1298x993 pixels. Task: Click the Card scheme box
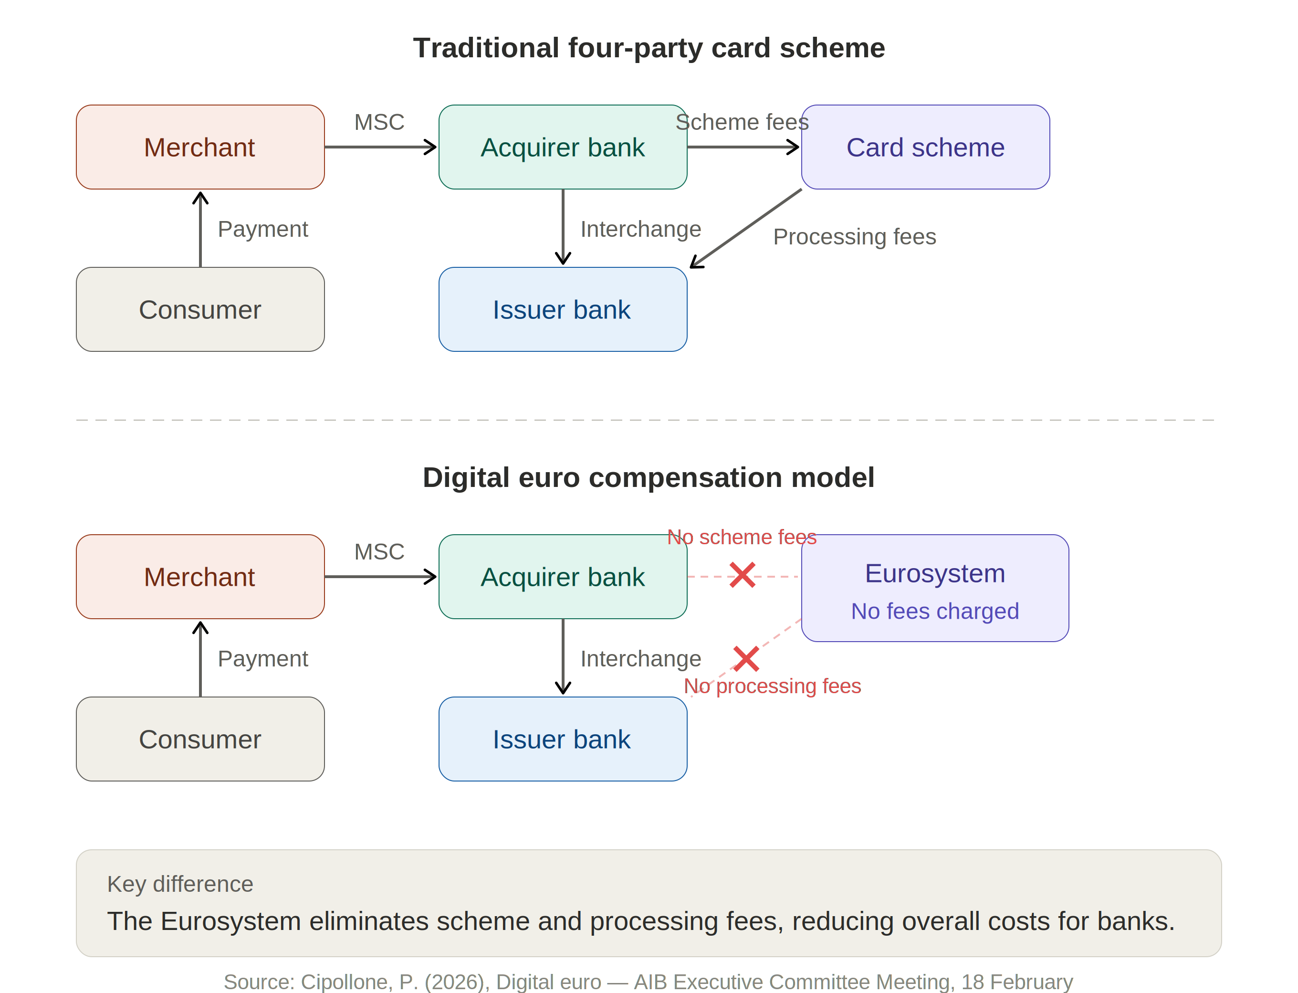(x=925, y=147)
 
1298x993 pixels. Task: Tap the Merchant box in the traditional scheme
(x=199, y=147)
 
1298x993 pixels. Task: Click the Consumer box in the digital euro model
(x=199, y=739)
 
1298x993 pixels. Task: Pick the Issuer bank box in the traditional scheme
(x=563, y=309)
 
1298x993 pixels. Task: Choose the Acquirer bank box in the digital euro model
(x=563, y=577)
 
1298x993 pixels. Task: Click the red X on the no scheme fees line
(x=742, y=575)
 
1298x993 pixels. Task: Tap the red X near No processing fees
(x=746, y=659)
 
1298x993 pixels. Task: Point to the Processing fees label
(x=854, y=236)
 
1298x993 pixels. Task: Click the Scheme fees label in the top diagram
(x=742, y=122)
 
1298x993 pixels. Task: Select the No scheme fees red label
(x=742, y=537)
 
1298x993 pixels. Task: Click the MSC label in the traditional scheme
(x=379, y=122)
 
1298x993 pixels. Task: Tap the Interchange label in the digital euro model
(x=640, y=658)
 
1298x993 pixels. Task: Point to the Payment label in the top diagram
(x=263, y=229)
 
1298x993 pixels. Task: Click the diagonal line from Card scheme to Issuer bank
(x=748, y=227)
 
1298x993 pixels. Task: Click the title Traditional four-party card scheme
(x=649, y=47)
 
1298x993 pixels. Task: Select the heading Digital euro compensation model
(x=649, y=477)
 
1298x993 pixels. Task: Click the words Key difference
(x=180, y=884)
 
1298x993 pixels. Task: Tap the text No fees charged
(x=935, y=611)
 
